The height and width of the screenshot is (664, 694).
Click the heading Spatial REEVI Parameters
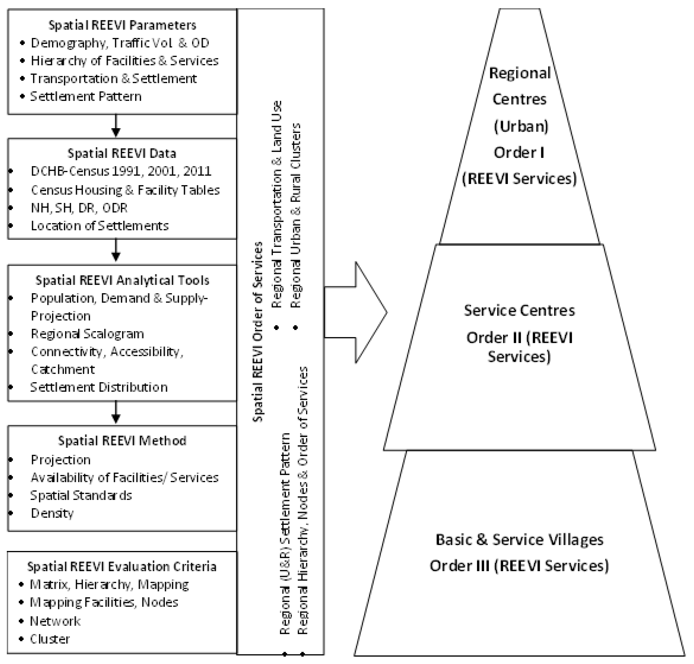(122, 25)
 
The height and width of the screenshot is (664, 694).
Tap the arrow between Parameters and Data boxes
(116, 126)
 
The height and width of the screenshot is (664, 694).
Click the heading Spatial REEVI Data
(122, 153)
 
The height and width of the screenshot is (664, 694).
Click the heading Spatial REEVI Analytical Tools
(122, 280)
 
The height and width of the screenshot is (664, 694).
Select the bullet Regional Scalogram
(87, 334)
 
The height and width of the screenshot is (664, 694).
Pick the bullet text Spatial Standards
(81, 495)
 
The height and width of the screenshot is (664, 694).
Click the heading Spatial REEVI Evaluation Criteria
(122, 567)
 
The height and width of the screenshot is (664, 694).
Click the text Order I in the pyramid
(519, 152)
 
